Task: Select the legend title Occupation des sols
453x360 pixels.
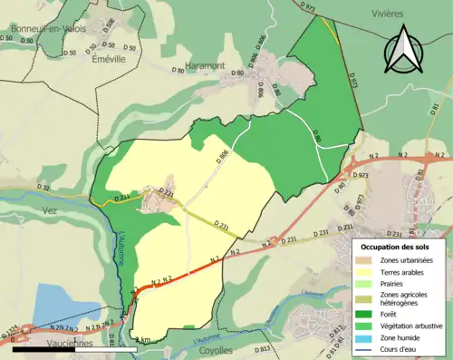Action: pos(396,247)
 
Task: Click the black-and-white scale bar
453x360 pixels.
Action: pos(63,347)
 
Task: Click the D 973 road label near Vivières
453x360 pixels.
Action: pos(309,7)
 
